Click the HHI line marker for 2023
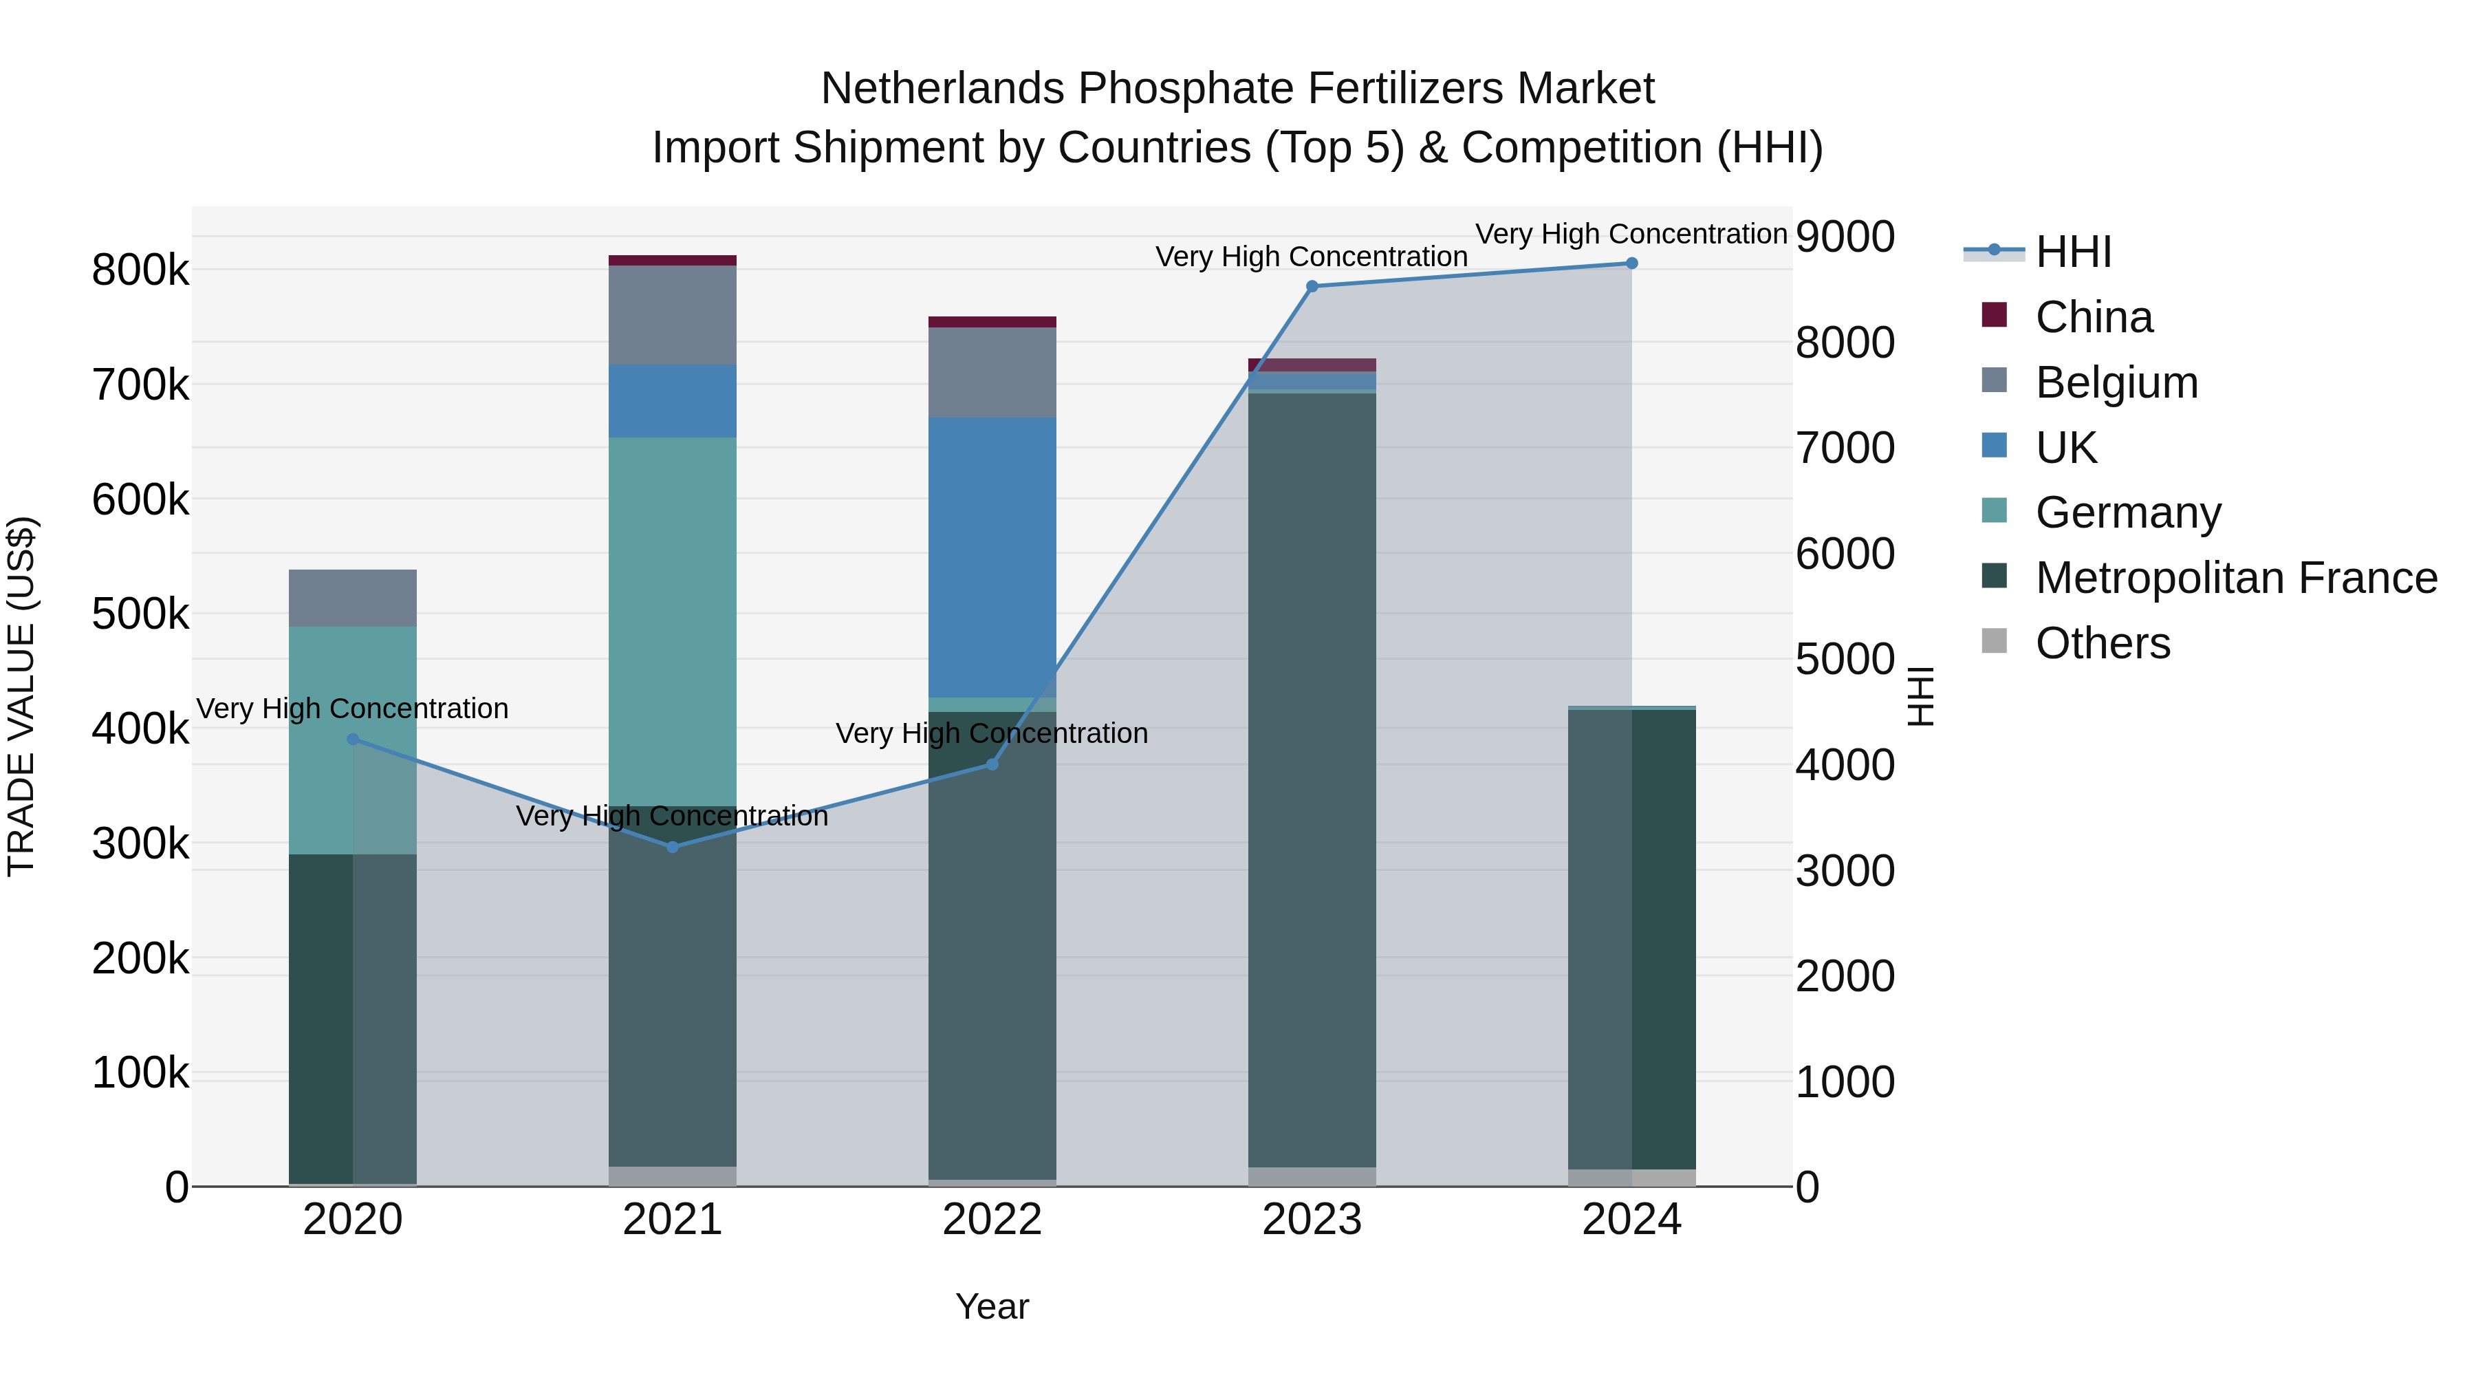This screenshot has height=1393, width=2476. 1312,286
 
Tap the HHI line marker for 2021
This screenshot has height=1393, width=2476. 673,847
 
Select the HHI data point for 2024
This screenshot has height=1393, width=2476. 1631,263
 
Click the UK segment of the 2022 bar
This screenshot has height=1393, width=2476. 992,558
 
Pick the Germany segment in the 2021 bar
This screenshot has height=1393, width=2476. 673,621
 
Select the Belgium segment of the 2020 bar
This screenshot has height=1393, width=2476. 353,598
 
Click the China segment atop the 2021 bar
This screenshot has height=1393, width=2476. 673,261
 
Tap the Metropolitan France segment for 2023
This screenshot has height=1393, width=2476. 1312,779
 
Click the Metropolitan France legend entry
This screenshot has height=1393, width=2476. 2236,578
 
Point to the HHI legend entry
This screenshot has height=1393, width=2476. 2073,252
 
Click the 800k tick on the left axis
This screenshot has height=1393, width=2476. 140,270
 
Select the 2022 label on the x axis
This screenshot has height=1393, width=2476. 992,1220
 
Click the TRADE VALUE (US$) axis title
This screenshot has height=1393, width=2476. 22,696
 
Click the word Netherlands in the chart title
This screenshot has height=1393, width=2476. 942,89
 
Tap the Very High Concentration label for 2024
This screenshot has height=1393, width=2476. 1631,234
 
